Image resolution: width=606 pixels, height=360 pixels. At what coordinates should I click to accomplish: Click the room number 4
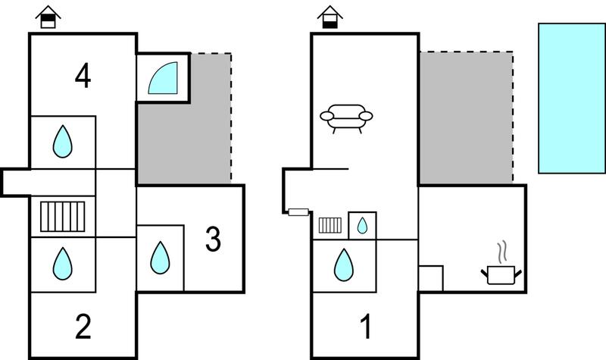click(x=83, y=77)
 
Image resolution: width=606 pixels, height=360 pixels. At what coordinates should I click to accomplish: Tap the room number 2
click(x=83, y=327)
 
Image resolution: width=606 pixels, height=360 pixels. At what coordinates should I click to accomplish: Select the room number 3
click(x=213, y=239)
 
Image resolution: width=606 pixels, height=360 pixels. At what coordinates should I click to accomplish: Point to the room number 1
click(x=366, y=327)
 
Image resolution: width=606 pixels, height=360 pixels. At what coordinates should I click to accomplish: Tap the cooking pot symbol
click(x=501, y=274)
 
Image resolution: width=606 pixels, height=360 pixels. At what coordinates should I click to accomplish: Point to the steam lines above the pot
click(x=502, y=252)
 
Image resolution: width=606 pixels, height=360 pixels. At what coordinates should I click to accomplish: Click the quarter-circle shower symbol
click(x=163, y=78)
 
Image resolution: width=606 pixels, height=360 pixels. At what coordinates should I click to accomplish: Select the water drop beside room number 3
click(x=160, y=258)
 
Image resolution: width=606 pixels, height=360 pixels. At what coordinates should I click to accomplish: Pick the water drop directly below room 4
click(x=63, y=141)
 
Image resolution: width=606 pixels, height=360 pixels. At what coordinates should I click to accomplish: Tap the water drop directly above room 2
click(x=63, y=264)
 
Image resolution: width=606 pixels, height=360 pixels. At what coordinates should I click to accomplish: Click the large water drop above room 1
click(x=344, y=265)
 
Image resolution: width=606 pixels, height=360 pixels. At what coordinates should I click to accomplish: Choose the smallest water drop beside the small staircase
click(x=362, y=225)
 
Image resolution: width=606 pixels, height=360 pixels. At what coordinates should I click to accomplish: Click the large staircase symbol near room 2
click(x=63, y=217)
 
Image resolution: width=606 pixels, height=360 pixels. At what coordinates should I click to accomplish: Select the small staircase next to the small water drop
click(x=330, y=225)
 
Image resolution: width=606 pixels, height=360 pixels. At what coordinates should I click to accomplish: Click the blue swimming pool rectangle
click(x=572, y=99)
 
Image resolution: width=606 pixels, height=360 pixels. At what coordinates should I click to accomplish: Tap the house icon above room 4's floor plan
click(x=48, y=17)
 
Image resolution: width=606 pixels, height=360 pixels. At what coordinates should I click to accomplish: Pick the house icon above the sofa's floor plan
click(x=330, y=17)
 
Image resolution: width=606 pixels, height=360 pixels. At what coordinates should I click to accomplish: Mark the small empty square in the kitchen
click(x=431, y=278)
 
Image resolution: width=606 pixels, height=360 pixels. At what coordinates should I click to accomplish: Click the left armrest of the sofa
click(x=326, y=116)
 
